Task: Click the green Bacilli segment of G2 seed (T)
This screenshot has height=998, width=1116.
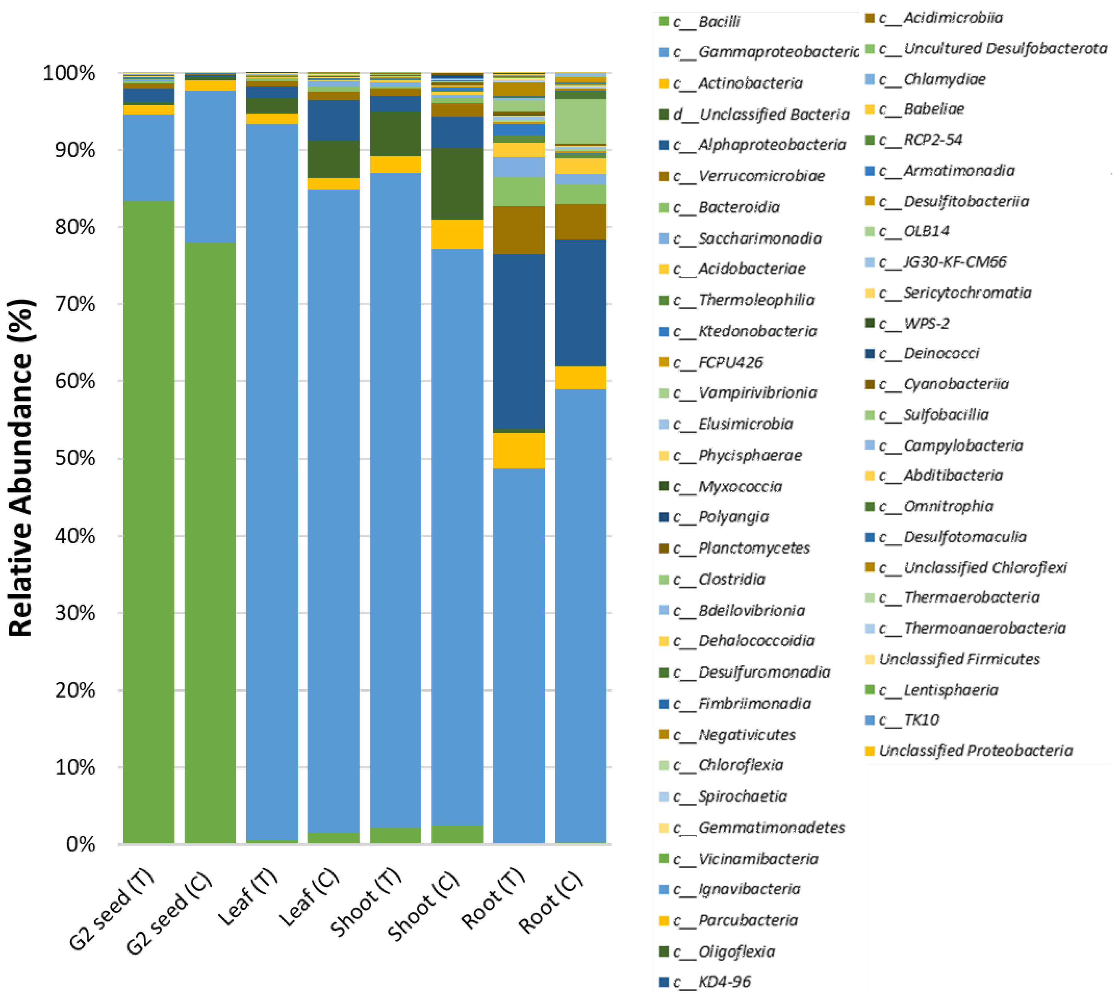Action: [148, 521]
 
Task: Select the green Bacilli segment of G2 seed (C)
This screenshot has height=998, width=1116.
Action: [210, 543]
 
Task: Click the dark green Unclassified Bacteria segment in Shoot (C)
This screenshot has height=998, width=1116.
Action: [457, 184]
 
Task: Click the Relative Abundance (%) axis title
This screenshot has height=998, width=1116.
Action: [21, 466]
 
